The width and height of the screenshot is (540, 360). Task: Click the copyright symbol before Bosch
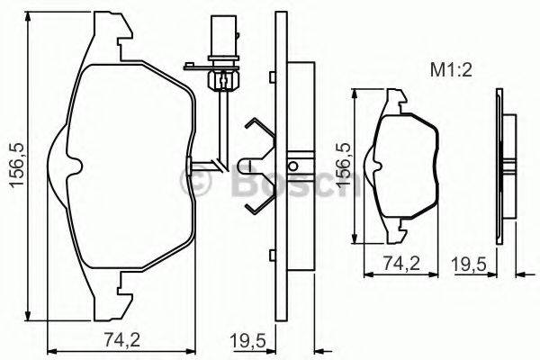coord(196,184)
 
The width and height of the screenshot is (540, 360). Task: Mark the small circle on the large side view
coord(292,166)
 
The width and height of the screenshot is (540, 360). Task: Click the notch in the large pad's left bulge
coord(77,163)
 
